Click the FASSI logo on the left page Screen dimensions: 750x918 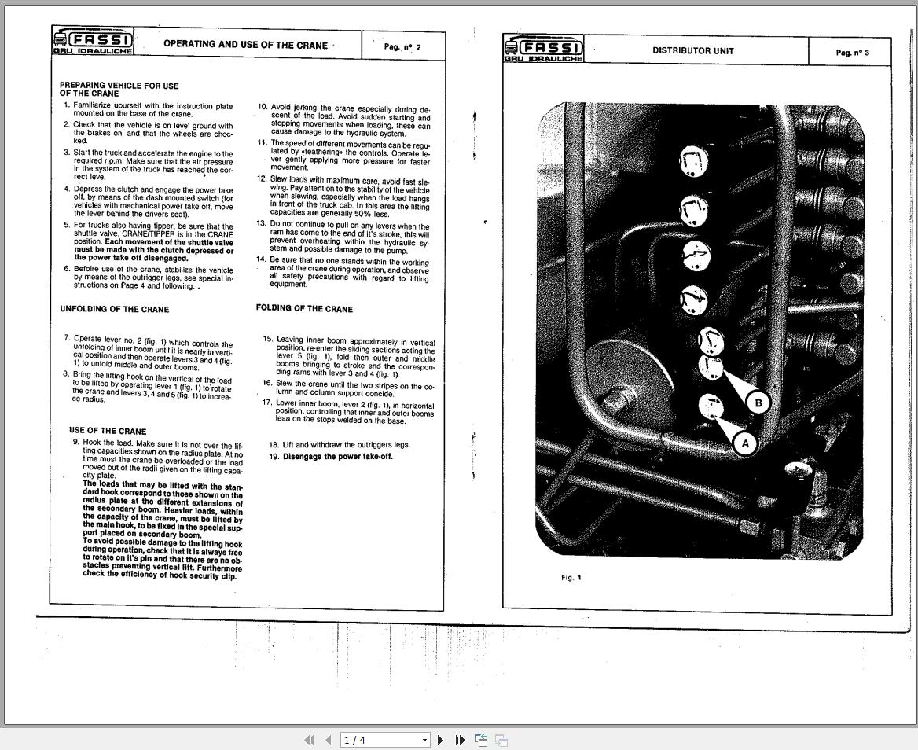(93, 42)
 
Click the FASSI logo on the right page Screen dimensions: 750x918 (544, 50)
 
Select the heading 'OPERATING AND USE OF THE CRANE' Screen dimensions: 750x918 (245, 45)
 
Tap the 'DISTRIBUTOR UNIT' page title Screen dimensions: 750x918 (692, 51)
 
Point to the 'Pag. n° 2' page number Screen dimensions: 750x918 (402, 47)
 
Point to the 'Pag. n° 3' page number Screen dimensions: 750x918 (852, 53)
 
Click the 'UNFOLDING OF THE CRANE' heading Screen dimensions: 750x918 (114, 309)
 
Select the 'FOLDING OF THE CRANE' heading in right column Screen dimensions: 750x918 (304, 309)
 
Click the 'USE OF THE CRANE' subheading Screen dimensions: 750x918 (108, 431)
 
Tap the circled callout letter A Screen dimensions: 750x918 (745, 443)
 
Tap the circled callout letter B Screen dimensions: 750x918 (758, 403)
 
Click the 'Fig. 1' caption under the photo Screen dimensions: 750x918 (571, 578)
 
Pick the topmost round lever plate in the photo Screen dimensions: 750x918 (692, 162)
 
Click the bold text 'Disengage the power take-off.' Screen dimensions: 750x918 (337, 457)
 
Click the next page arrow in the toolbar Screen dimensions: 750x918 (440, 740)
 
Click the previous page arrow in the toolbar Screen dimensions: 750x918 (328, 740)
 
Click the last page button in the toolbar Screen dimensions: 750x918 (461, 740)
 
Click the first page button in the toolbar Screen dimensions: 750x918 (309, 740)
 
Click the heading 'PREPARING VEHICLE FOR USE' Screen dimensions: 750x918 (119, 86)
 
